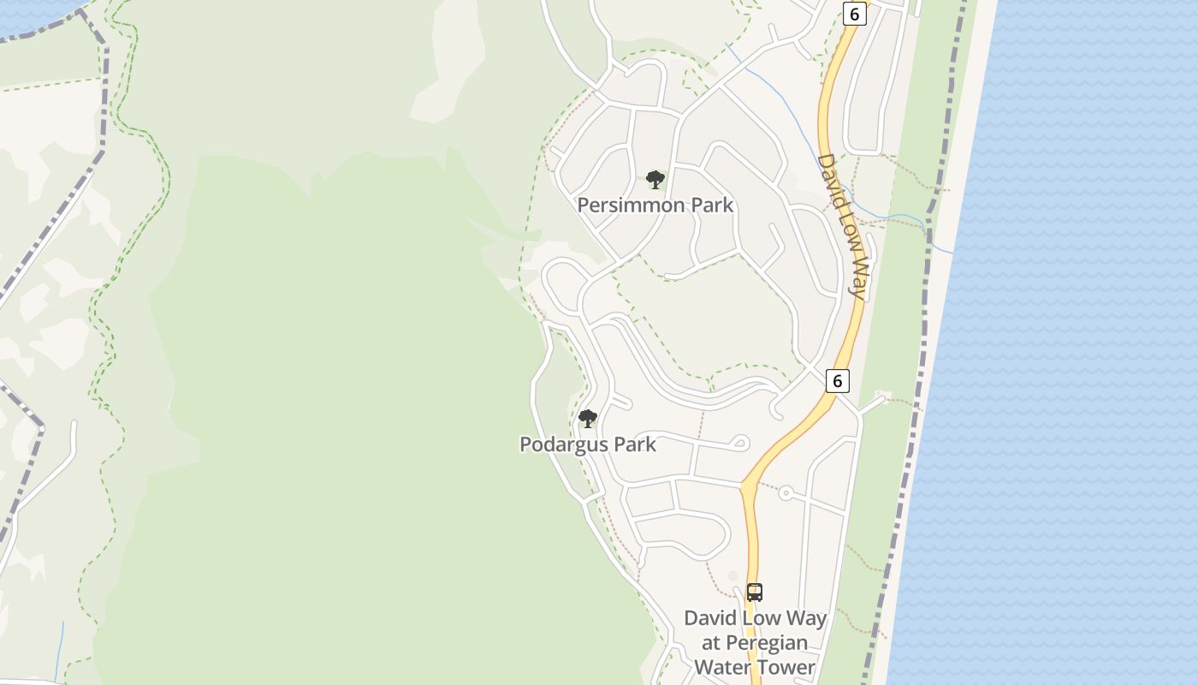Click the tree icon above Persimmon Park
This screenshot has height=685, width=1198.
655,180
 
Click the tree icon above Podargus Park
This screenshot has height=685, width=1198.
588,419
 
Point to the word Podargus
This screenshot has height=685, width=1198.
565,444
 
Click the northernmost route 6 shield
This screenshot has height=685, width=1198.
853,14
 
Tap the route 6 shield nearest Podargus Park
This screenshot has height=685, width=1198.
838,380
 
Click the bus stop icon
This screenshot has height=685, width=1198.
755,592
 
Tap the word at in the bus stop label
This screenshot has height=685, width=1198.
712,643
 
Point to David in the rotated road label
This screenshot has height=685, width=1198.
827,178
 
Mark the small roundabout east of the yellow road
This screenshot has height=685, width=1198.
786,493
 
